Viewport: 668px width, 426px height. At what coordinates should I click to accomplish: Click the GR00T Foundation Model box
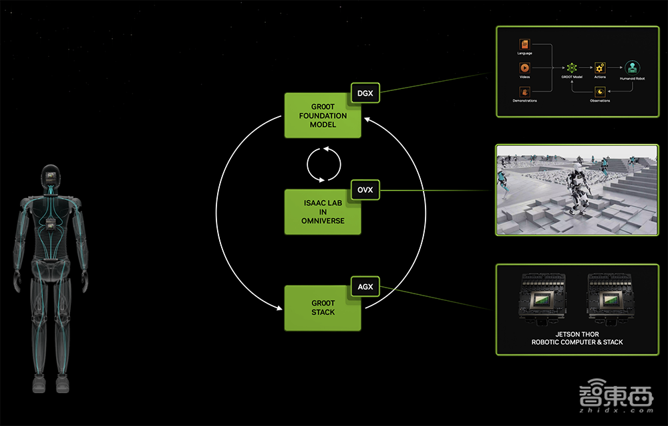(x=323, y=116)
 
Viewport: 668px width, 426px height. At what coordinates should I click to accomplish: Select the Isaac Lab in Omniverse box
(x=323, y=212)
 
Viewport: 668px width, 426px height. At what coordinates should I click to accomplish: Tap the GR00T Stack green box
(x=323, y=308)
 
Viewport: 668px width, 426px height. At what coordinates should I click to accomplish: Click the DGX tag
(x=365, y=93)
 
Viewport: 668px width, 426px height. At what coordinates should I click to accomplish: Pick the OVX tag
(x=365, y=190)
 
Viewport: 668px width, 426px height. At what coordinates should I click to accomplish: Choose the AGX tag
(x=365, y=287)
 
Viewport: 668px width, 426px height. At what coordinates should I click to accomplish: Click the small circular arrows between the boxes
(x=323, y=163)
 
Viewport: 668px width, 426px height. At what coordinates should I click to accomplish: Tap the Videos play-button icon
(x=524, y=68)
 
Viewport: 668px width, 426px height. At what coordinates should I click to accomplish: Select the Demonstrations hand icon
(x=524, y=91)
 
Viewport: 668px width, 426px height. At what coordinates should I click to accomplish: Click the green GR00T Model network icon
(x=572, y=68)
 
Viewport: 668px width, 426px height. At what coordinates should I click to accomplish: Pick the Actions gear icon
(x=599, y=68)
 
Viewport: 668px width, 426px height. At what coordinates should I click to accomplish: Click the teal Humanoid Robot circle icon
(x=631, y=67)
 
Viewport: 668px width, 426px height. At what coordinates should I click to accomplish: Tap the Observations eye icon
(x=599, y=92)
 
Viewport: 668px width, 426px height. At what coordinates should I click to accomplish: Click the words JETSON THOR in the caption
(x=577, y=334)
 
